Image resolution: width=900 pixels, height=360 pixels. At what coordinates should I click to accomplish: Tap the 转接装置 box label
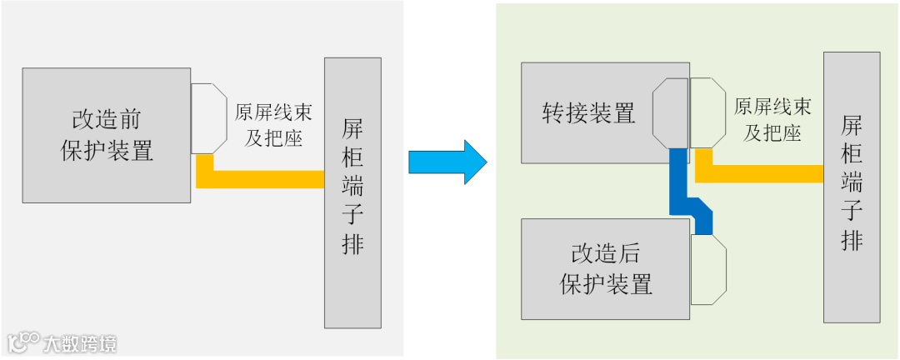[x=588, y=112]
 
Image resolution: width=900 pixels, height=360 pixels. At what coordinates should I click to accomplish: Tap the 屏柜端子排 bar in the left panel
[x=353, y=192]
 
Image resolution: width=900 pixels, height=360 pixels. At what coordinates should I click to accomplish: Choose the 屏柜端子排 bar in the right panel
[x=852, y=187]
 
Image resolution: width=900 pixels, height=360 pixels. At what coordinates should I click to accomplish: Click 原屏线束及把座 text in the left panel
[x=267, y=124]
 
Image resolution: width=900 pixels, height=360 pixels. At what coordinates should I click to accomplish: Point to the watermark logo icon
[x=24, y=342]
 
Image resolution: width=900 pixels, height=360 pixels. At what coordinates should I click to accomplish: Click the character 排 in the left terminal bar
[x=353, y=244]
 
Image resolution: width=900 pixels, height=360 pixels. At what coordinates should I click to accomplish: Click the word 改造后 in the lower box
[x=605, y=254]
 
